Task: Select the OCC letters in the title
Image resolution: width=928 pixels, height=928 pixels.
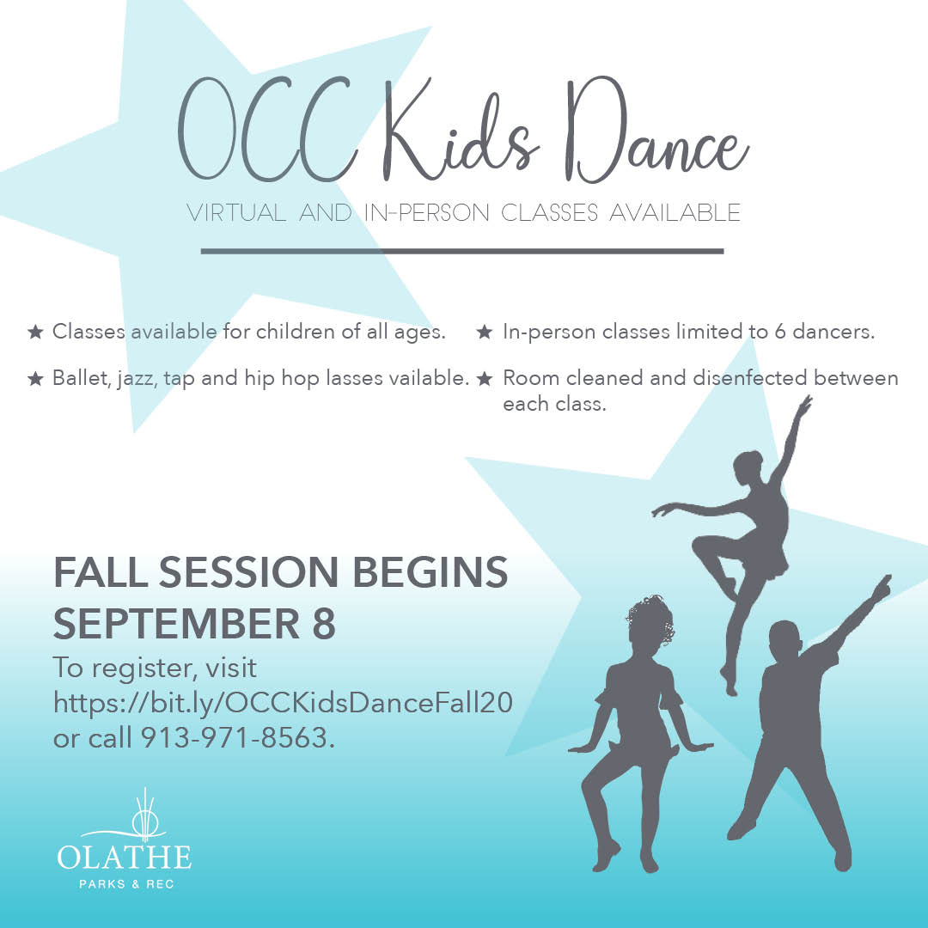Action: (x=267, y=129)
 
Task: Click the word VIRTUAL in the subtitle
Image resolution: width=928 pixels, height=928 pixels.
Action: (x=236, y=212)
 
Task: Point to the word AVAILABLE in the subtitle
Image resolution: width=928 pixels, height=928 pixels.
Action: (x=675, y=212)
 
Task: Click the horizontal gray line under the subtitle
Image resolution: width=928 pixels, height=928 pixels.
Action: (x=462, y=252)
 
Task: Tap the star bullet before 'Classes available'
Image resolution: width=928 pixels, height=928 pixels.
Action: (x=35, y=332)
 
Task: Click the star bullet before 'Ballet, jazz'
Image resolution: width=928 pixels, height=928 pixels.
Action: (x=35, y=378)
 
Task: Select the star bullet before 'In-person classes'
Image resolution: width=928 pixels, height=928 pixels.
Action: (x=485, y=332)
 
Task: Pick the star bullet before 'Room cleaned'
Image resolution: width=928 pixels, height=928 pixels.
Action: (x=485, y=378)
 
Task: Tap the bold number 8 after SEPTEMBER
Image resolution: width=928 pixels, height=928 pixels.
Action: (x=324, y=623)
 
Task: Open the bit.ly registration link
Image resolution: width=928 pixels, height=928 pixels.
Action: (x=283, y=703)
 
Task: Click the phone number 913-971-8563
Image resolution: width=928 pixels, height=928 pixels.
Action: (x=234, y=737)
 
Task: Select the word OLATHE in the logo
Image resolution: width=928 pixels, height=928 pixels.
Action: (x=125, y=857)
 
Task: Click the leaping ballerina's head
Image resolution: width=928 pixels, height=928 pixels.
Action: (x=748, y=465)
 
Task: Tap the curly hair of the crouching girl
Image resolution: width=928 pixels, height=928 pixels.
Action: (x=650, y=619)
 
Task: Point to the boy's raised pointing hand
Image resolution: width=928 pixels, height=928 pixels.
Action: (x=882, y=588)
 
